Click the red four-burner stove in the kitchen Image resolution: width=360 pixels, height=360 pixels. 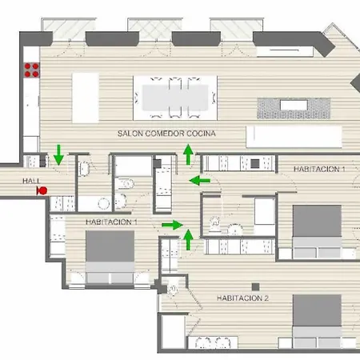coord(32,70)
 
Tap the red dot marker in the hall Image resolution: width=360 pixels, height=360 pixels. coord(42,190)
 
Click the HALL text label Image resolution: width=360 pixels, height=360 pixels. coord(31,182)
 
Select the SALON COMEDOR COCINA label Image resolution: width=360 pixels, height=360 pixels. coord(166,133)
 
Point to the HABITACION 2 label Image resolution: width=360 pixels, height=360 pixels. coord(242,298)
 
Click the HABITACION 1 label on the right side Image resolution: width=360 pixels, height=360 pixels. coord(319,170)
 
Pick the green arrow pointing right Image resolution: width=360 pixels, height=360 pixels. coord(170,225)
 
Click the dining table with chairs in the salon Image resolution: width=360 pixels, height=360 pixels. coord(175,94)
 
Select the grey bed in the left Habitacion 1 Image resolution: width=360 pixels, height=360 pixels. coord(108,254)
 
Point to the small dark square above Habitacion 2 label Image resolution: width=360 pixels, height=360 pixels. coord(254,286)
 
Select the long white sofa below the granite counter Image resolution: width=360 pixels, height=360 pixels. coord(295,135)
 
